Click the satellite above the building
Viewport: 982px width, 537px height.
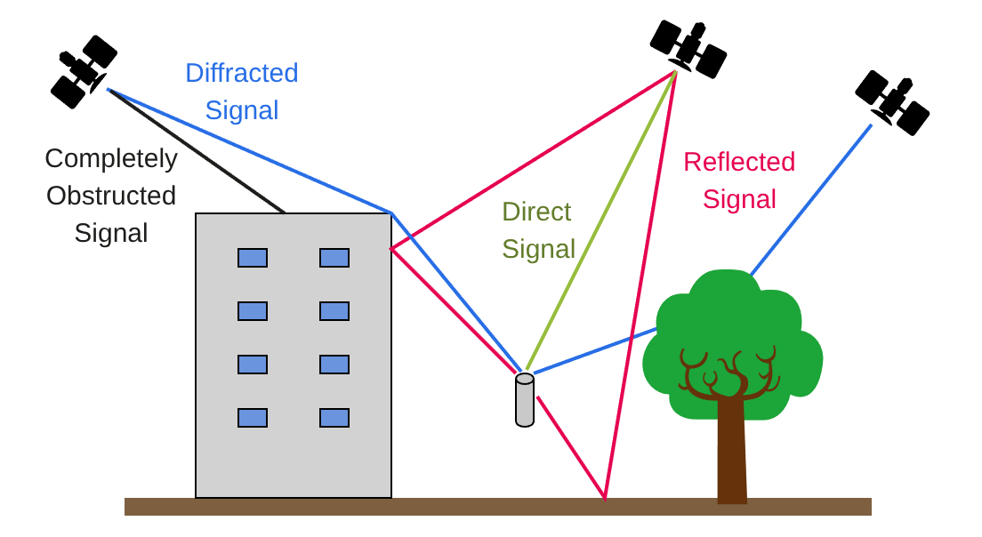[84, 70]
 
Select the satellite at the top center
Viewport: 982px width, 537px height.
[688, 48]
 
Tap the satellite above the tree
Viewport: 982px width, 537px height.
[892, 101]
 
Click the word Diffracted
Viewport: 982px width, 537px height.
[241, 73]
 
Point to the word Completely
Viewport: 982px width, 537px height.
[111, 158]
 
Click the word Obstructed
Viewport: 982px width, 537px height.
[111, 196]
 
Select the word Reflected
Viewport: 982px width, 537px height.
[738, 162]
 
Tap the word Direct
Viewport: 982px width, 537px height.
[536, 212]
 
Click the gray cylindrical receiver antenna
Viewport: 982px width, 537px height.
[525, 401]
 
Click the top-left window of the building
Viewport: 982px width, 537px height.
[253, 258]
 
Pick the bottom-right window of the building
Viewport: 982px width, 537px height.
[334, 418]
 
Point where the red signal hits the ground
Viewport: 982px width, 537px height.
[605, 498]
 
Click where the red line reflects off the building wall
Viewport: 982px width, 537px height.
[391, 249]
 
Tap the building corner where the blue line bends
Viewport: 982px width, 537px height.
[391, 213]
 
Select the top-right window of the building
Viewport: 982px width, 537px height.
[334, 258]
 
